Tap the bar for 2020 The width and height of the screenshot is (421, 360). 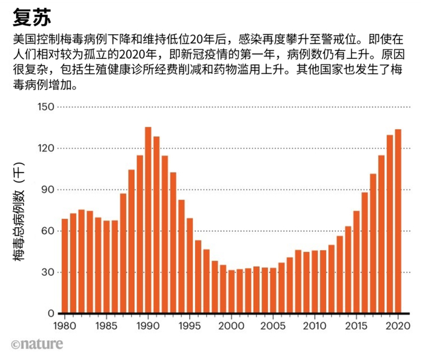coord(398,222)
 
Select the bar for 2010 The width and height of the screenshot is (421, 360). coord(315,282)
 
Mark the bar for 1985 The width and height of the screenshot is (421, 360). coord(106,267)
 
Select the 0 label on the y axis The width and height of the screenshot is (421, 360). coord(51,314)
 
